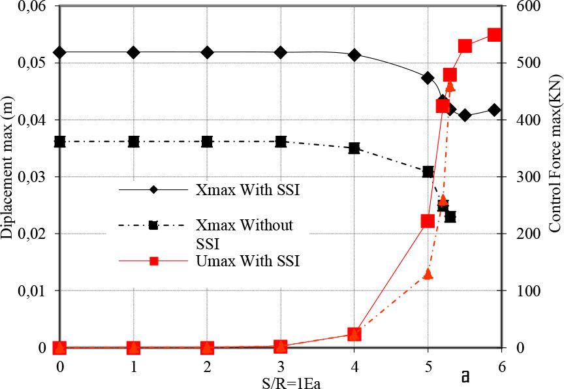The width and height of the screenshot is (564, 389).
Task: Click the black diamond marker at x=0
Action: pos(59,52)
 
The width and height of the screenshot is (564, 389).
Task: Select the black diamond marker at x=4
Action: pos(354,55)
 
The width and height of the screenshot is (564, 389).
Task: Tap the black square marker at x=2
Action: pos(207,142)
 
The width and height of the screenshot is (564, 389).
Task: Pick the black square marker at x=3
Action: pos(281,142)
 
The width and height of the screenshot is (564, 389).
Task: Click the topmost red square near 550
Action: pos(495,35)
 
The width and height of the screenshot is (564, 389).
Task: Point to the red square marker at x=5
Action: pos(428,221)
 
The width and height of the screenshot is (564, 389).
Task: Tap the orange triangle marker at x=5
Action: pos(428,274)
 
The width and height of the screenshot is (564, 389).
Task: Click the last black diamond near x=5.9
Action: pos(495,110)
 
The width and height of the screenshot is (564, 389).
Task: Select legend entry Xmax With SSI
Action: pos(247,189)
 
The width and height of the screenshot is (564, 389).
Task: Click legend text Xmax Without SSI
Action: pos(245,234)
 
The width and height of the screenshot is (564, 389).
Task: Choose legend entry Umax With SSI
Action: pos(247,260)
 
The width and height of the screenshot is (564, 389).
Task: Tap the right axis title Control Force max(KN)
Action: pos(555,154)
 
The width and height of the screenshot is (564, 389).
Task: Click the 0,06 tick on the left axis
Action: pos(32,7)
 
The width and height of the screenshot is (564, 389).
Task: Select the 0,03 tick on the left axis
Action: pos(32,177)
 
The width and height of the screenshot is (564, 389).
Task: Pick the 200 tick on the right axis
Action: pos(526,234)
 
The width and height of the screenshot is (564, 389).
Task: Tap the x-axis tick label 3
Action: pos(281,367)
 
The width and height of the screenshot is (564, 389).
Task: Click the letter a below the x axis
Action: pos(465,377)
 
